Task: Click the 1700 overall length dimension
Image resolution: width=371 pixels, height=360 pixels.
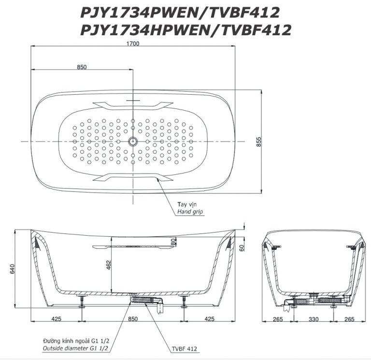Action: (133, 43)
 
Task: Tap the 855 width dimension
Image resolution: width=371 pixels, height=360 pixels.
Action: (259, 142)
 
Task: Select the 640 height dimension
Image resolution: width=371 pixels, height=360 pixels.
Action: (12, 269)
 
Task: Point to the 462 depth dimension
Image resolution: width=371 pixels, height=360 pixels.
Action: (108, 266)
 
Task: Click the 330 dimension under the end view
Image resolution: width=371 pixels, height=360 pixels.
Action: (314, 319)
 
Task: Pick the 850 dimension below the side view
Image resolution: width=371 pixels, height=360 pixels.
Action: (133, 319)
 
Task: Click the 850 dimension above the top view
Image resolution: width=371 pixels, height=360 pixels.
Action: (82, 67)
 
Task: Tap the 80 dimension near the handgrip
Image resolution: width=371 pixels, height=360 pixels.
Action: (173, 242)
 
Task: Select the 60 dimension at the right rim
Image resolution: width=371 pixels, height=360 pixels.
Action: (242, 247)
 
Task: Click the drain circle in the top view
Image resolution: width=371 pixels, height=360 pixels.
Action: (133, 142)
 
